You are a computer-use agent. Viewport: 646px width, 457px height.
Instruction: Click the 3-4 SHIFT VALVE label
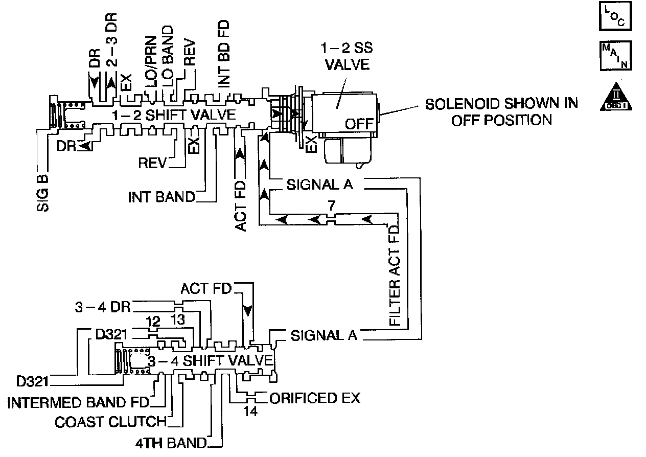[x=207, y=360]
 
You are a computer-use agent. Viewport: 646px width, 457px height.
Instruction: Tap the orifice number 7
[x=332, y=207]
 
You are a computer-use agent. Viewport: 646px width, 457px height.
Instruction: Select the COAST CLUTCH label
[x=110, y=422]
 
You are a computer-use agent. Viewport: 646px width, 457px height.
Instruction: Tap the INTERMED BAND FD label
[x=78, y=402]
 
